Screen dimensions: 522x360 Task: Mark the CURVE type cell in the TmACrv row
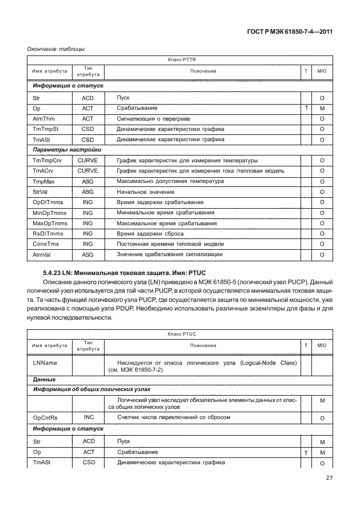pyautogui.click(x=87, y=170)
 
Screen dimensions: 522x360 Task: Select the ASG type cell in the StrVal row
pyautogui.click(x=87, y=192)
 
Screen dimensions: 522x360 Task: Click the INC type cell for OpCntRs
pyautogui.click(x=88, y=418)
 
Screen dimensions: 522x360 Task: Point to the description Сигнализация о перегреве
pyautogui.click(x=153, y=119)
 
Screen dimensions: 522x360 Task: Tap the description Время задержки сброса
pyautogui.click(x=149, y=233)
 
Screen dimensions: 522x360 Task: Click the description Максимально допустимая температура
pyautogui.click(x=170, y=181)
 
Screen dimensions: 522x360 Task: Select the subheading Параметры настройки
pyautogui.click(x=63, y=150)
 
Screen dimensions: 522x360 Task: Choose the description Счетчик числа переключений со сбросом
pyautogui.click(x=173, y=418)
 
